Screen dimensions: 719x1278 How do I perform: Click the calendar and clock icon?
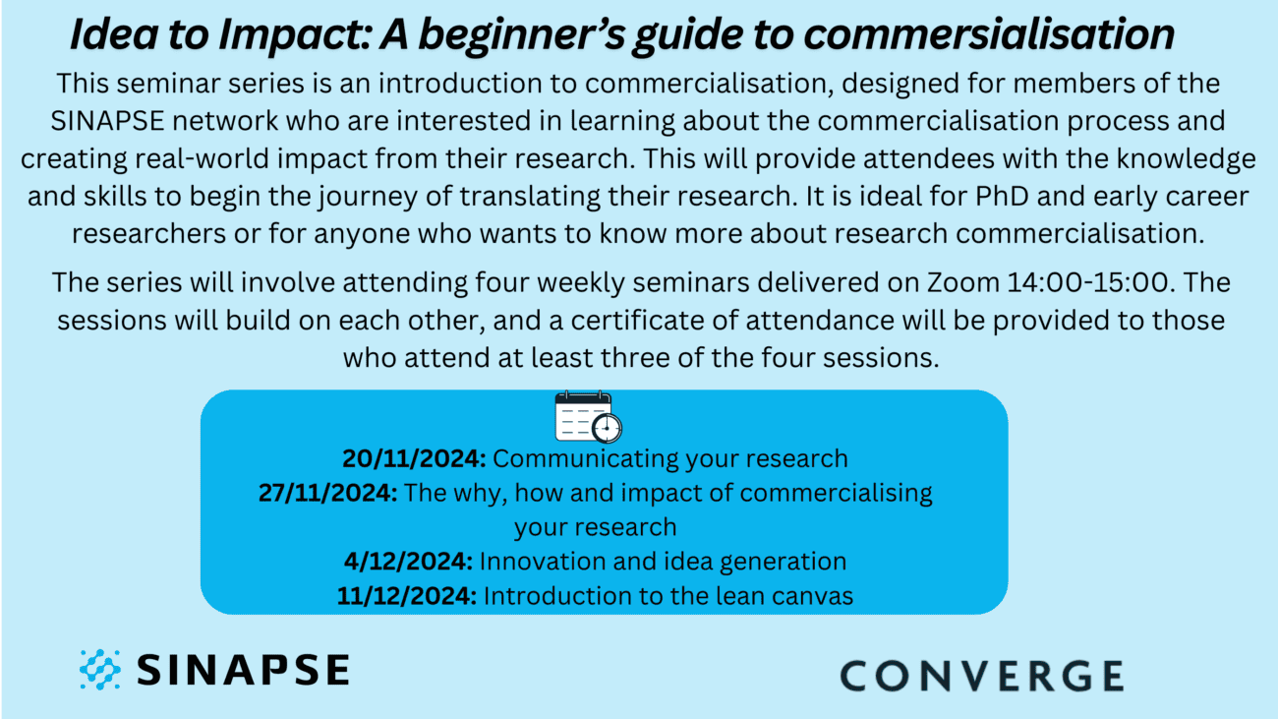coord(589,417)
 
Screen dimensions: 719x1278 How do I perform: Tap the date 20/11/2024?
coord(414,458)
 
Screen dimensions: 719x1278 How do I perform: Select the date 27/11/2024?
coord(325,493)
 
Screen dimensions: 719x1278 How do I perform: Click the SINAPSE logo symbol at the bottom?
coord(99,669)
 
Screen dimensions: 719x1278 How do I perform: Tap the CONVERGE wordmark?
coord(981,676)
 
